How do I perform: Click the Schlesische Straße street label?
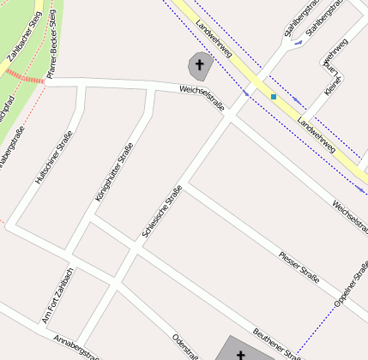click(x=161, y=213)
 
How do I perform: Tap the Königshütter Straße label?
click(x=114, y=172)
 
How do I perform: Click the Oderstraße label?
click(x=185, y=346)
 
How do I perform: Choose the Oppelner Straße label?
click(x=351, y=291)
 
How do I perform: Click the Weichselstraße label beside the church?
click(x=202, y=99)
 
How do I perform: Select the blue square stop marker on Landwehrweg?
click(x=274, y=97)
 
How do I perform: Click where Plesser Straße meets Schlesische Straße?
click(x=183, y=185)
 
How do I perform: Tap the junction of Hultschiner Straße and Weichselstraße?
click(x=81, y=84)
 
